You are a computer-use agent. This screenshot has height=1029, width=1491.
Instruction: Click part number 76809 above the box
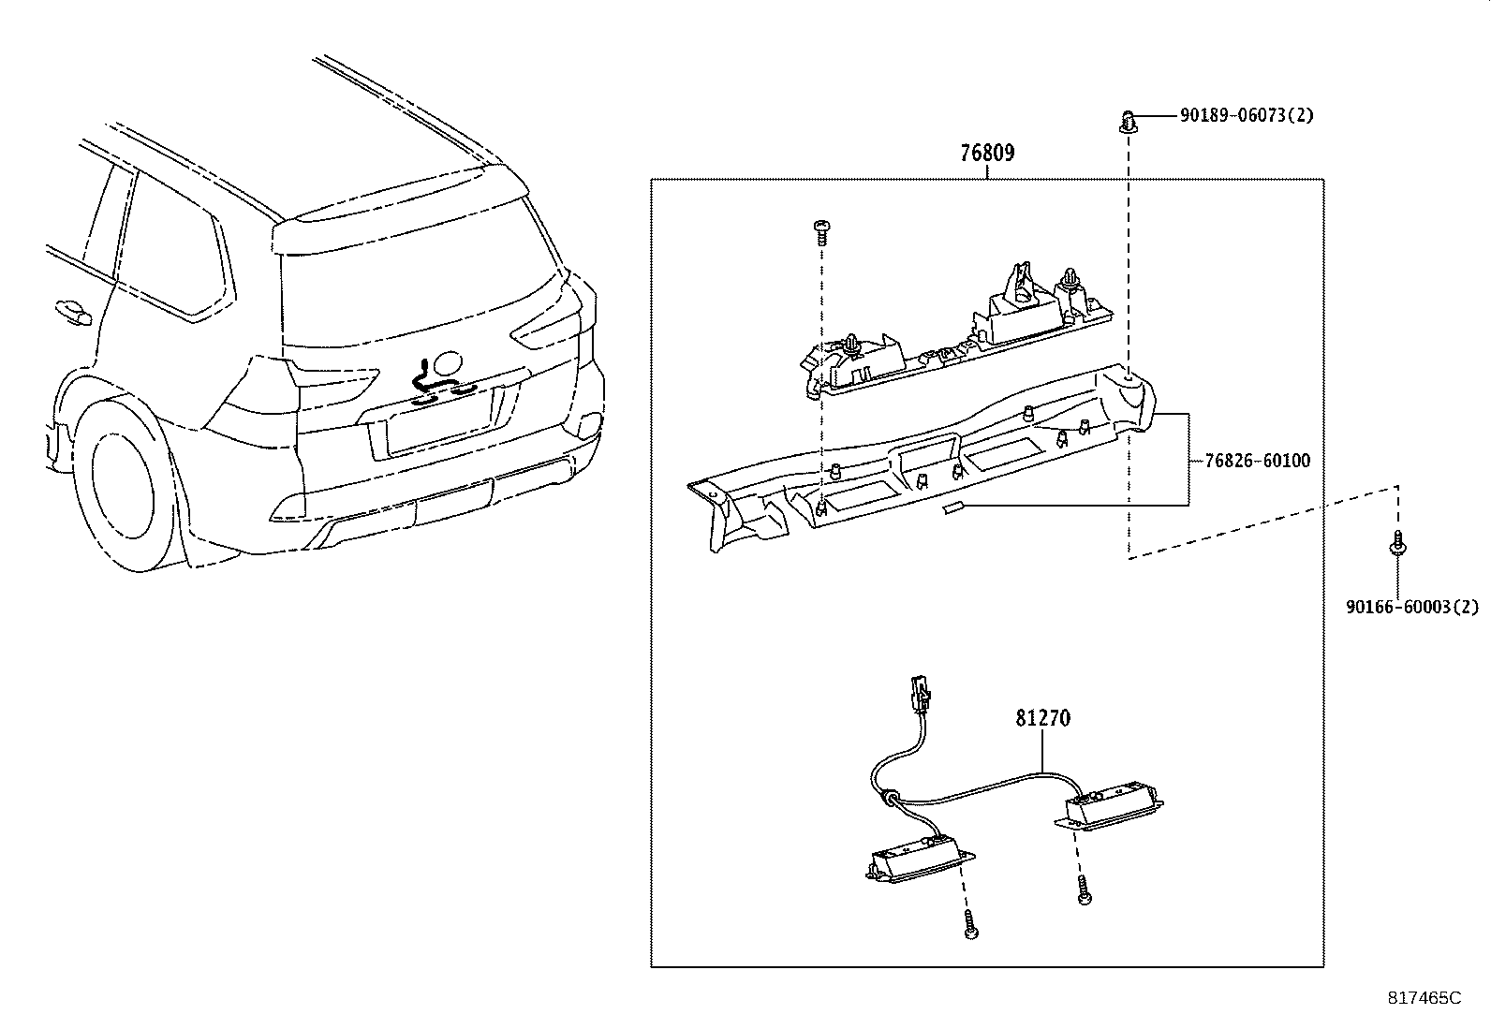coord(987,153)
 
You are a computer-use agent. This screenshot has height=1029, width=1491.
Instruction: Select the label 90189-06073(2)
coord(1246,116)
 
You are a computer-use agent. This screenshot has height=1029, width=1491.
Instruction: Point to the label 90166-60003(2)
coord(1411,607)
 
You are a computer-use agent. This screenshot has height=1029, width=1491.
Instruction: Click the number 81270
coord(1042,718)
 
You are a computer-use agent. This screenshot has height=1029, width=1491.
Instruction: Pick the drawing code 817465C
coord(1424,998)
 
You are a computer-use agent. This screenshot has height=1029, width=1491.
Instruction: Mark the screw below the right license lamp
coord(1085,890)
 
